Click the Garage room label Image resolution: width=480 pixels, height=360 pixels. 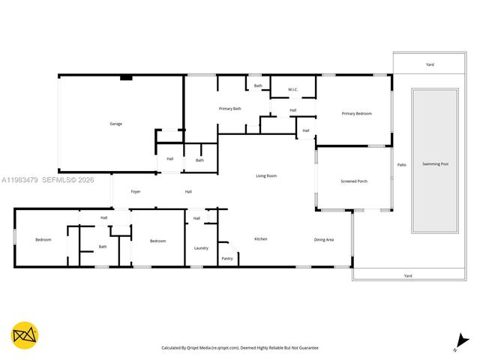click(115, 124)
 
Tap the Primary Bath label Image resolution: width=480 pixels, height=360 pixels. click(230, 109)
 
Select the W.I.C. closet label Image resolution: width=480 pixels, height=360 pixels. click(292, 90)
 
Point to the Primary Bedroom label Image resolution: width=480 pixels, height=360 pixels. click(356, 113)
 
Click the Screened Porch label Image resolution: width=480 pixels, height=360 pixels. click(354, 181)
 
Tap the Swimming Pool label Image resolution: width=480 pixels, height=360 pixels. click(435, 163)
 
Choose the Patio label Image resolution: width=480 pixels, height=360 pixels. click(401, 165)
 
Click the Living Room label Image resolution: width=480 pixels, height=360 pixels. click(266, 175)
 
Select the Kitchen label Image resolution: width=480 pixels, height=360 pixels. click(260, 239)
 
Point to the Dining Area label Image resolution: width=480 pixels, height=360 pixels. click(323, 239)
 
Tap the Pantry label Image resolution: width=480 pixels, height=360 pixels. click(227, 258)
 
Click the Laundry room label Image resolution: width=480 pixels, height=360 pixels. click(201, 248)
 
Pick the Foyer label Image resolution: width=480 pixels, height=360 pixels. click(136, 191)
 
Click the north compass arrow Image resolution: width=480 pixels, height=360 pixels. click(457, 343)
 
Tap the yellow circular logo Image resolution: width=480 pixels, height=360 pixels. click(25, 336)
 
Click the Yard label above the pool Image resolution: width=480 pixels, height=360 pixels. click(430, 64)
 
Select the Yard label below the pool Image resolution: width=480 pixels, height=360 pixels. click(408, 275)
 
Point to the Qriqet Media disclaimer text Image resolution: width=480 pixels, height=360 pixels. click(240, 348)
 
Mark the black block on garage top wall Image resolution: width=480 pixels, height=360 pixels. click(126, 76)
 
